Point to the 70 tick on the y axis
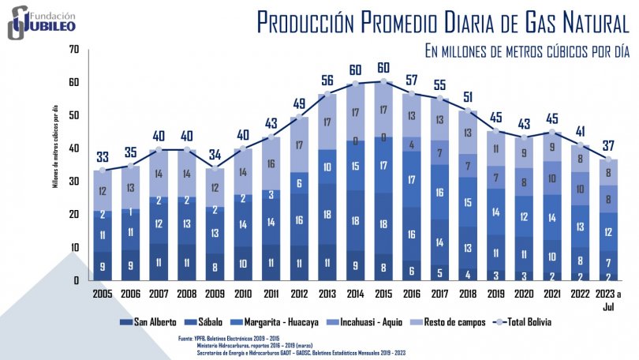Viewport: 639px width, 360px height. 74,50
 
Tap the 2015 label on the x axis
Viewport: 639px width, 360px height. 384,294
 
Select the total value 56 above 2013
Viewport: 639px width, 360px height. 326,80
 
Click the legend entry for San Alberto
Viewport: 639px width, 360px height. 148,322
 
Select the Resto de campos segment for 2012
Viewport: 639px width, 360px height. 298,145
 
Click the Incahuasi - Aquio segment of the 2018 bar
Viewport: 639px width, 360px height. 469,166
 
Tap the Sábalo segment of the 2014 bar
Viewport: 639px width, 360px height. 355,220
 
